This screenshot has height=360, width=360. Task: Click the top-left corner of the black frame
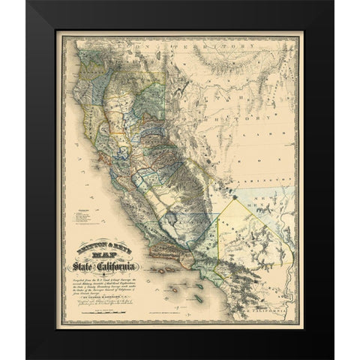28,1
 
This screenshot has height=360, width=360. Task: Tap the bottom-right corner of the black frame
332,358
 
